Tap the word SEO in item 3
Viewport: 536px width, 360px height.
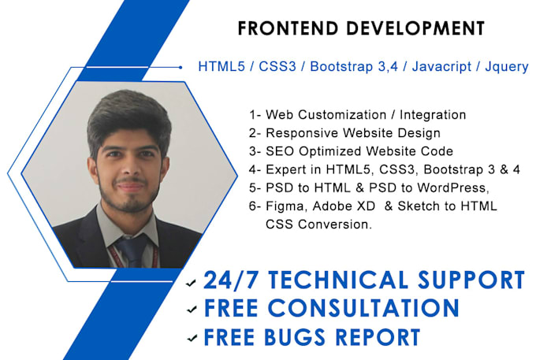(x=280, y=151)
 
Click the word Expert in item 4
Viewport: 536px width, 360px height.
(x=287, y=169)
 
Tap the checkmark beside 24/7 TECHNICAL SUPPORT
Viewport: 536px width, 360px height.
(x=190, y=283)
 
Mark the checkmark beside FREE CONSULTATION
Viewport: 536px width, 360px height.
(x=190, y=310)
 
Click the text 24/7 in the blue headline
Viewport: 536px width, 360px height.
(x=229, y=280)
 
